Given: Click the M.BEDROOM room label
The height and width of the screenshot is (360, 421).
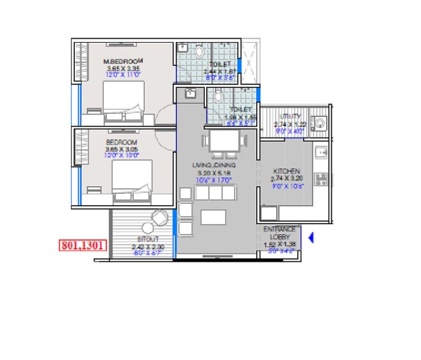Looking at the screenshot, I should pos(123,62).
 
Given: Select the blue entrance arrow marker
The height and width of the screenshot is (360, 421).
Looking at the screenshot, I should pos(310,238).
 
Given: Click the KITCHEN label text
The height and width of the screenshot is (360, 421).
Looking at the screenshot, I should pos(287,172).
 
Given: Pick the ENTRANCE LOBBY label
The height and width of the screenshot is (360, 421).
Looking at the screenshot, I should pos(279,233).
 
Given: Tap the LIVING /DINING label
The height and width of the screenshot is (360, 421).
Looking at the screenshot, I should pos(214,165).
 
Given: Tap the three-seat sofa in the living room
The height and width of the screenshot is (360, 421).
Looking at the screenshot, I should pos(214,193).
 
